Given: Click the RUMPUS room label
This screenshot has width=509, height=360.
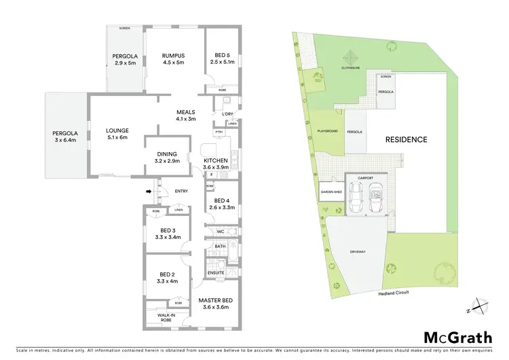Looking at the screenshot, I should [x=174, y=56].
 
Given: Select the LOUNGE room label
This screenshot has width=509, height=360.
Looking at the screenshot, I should [x=117, y=130].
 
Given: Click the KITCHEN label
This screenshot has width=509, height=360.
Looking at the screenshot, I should [x=219, y=160].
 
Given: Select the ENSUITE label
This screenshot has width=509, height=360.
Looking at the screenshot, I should [x=216, y=272].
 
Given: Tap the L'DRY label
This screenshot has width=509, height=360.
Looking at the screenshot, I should [x=218, y=113].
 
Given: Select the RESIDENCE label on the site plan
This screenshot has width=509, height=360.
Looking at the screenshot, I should [x=407, y=140].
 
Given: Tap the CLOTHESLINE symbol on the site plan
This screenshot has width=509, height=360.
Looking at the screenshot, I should [x=347, y=60].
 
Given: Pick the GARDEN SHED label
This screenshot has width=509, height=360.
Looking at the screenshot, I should [x=331, y=193].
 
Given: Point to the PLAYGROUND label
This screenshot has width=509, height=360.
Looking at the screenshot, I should [x=327, y=130].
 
